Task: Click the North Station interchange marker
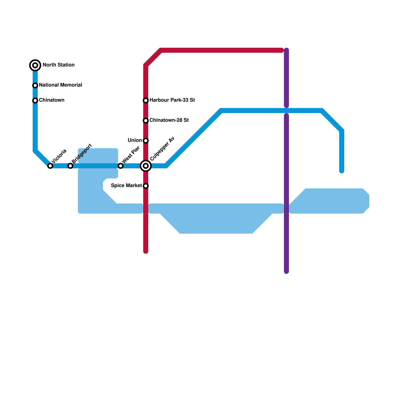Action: (35, 65)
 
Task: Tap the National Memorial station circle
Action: (35, 85)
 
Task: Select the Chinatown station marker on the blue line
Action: (35, 100)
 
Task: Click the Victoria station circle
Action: (50, 166)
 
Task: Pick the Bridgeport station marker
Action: (70, 166)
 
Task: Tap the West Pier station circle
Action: (121, 166)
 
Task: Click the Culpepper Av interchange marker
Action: (146, 166)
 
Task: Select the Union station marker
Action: (146, 141)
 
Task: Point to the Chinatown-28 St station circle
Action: (146, 121)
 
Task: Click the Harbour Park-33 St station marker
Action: (146, 100)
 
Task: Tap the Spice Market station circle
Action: (146, 186)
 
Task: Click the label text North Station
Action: (59, 65)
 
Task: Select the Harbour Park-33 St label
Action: (172, 100)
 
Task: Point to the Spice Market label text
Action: (126, 186)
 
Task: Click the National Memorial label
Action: (61, 85)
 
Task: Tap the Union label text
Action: (135, 140)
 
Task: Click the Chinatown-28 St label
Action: (169, 120)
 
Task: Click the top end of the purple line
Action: (286, 50)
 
